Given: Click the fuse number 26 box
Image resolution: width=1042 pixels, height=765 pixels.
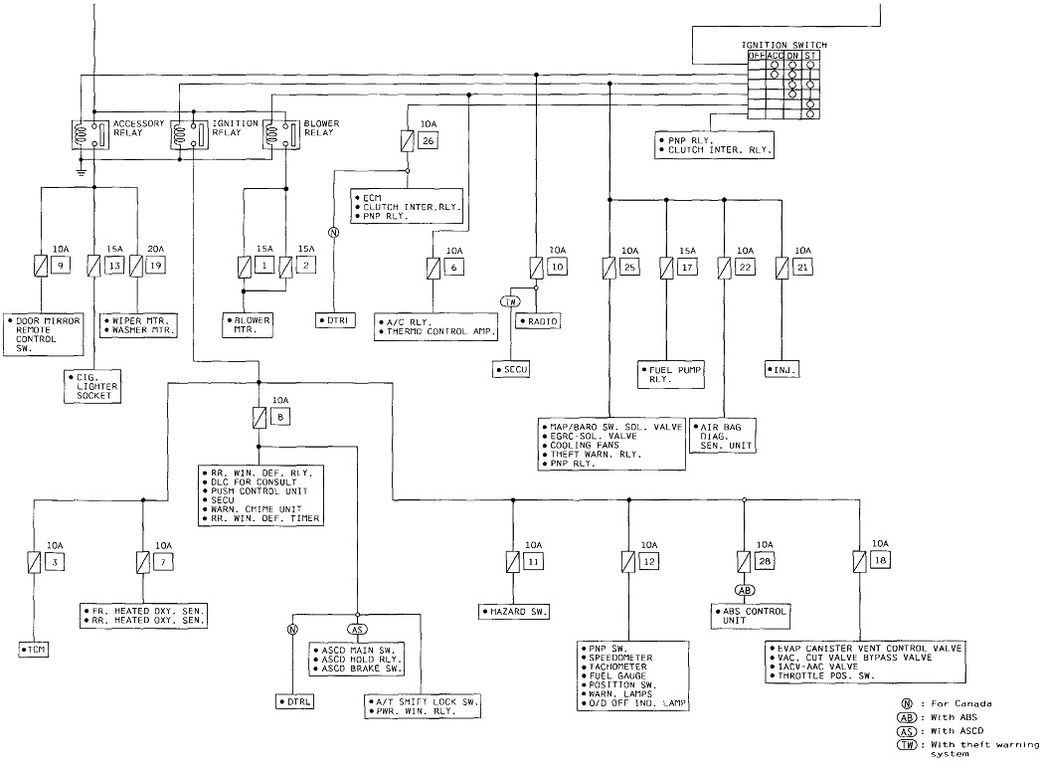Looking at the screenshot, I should click(429, 141).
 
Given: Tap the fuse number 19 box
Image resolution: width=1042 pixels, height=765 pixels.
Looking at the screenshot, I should click(154, 266).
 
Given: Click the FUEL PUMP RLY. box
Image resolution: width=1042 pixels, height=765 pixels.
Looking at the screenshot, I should click(672, 374).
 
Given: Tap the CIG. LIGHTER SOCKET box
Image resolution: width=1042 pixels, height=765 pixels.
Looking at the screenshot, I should click(91, 386).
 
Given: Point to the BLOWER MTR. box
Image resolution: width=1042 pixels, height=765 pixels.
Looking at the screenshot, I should click(248, 324).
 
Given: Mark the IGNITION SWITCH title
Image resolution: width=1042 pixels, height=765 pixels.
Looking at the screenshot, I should click(783, 45).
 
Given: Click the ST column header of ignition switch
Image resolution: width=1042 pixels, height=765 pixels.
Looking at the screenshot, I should click(811, 56).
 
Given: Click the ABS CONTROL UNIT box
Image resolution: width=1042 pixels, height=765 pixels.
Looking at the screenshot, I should click(751, 615).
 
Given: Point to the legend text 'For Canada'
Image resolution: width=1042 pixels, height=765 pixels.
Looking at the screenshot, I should click(959, 703).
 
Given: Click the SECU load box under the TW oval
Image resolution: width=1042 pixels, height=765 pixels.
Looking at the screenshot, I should click(513, 369).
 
